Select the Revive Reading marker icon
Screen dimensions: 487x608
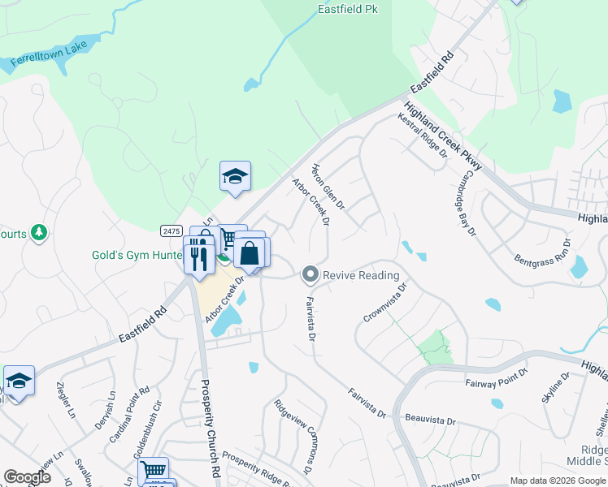click(x=309, y=275)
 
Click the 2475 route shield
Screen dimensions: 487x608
click(x=171, y=231)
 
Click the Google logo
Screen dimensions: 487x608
click(x=27, y=477)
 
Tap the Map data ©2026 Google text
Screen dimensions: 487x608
click(x=558, y=481)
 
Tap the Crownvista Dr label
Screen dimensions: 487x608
click(x=384, y=303)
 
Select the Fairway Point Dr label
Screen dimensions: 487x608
click(x=497, y=382)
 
